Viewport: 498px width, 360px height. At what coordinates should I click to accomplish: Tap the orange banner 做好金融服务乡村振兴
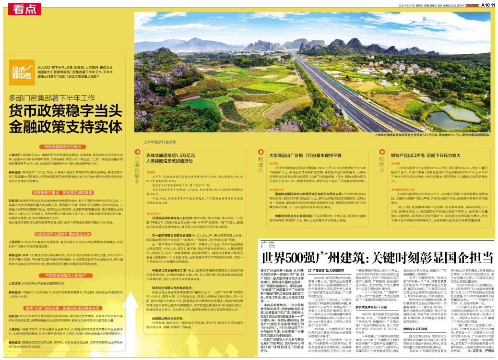point(66,147)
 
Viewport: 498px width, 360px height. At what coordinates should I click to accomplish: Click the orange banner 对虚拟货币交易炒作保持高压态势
point(66,233)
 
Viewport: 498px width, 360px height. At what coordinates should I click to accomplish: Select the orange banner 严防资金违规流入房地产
point(66,276)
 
